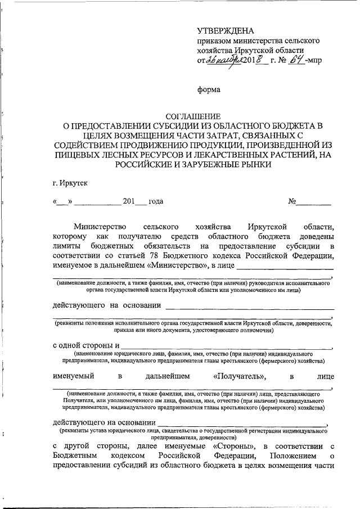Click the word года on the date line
click(156, 201)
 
